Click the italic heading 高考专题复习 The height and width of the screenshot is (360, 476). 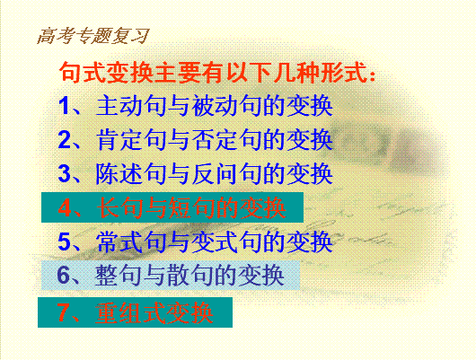click(93, 36)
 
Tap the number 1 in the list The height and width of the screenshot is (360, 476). click(64, 105)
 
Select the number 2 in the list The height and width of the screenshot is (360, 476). click(65, 139)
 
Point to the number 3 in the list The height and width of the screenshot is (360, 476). click(65, 173)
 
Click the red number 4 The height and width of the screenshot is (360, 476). click(65, 208)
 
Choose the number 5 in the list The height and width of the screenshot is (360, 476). click(65, 241)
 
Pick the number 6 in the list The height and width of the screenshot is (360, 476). click(64, 275)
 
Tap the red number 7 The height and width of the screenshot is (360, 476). click(64, 312)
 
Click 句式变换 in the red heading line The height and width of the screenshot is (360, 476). click(106, 73)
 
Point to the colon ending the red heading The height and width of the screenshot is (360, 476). click(373, 75)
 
